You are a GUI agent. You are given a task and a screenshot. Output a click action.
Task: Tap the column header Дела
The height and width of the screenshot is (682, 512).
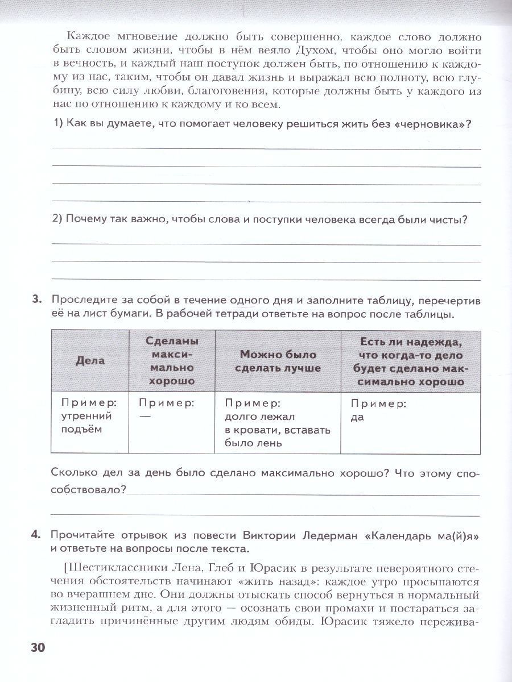[x=90, y=361]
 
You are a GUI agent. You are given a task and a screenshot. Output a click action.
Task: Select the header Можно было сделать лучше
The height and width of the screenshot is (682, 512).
[x=278, y=361]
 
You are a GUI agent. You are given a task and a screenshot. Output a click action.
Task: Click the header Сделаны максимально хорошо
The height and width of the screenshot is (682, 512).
[x=172, y=361]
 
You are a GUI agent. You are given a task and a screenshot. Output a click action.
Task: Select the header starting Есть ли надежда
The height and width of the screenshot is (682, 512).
[x=410, y=361]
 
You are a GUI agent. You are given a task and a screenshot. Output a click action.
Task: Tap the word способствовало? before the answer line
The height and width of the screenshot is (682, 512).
[x=88, y=489]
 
